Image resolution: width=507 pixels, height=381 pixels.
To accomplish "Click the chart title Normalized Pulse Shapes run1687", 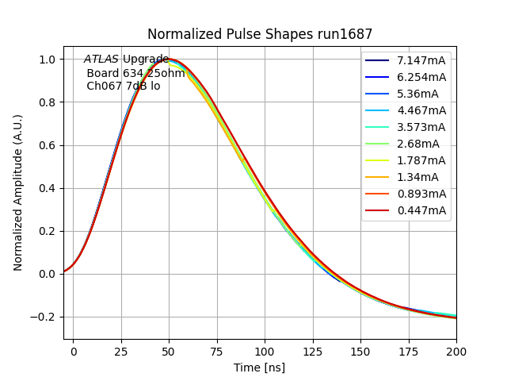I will [x=260, y=34].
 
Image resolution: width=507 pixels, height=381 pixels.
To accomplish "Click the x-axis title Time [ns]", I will [x=259, y=368].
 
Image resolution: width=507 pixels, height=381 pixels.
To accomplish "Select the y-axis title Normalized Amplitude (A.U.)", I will [x=18, y=192].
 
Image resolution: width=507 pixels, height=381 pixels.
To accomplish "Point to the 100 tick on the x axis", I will [x=265, y=349].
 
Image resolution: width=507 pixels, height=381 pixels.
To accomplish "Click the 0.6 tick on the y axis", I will [x=47, y=145].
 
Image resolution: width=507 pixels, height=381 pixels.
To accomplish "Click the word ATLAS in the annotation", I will [x=101, y=60].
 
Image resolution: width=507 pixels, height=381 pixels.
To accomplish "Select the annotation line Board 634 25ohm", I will [x=135, y=73].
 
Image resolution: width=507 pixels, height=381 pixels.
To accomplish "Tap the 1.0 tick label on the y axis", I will [x=47, y=60].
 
